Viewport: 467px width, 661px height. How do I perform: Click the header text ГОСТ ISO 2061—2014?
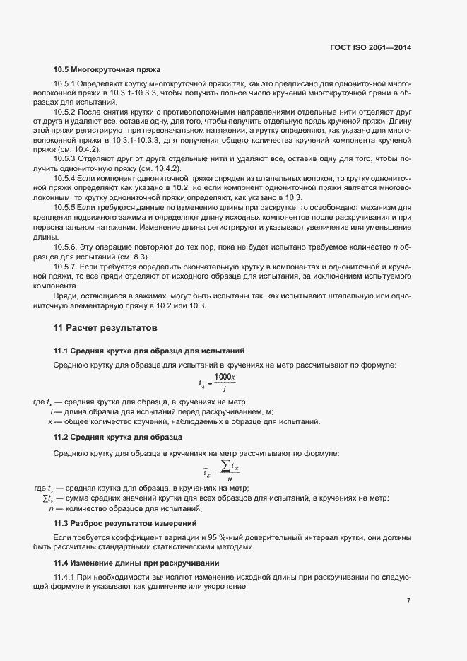point(370,48)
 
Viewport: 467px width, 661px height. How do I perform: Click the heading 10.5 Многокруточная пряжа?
point(107,69)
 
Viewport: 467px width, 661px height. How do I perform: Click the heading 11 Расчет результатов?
point(105,329)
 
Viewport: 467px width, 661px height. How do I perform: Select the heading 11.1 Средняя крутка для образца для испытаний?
point(149,351)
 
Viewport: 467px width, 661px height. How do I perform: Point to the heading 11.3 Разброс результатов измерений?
point(135,523)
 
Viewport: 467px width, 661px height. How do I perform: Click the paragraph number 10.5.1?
point(64,85)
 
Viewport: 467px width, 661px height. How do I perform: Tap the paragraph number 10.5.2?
point(64,112)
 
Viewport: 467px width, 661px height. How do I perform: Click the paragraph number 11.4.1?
point(64,578)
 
